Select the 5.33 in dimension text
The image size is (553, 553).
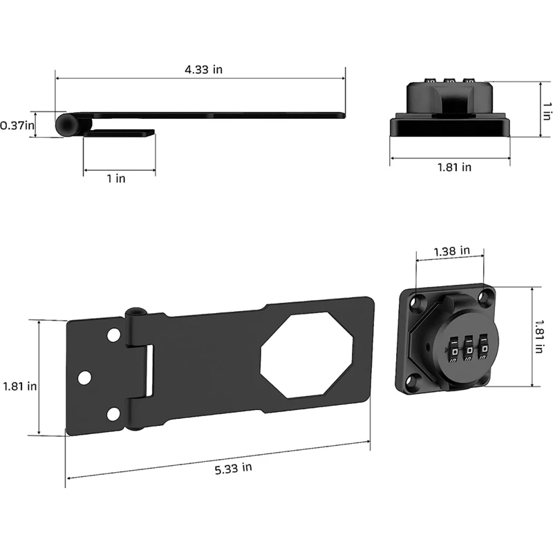tap(233, 468)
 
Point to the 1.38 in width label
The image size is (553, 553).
tap(452, 250)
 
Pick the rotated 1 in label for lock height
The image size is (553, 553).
tap(546, 109)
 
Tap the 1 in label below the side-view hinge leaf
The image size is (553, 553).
tap(116, 178)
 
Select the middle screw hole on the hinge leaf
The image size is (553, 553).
tap(85, 377)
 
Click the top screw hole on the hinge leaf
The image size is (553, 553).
tap(111, 336)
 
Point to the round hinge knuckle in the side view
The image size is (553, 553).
tap(66, 124)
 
